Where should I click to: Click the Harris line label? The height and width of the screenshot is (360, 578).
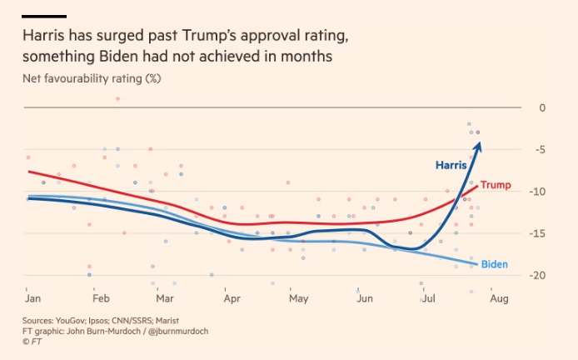tap(451, 165)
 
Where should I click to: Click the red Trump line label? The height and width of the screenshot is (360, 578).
tap(496, 185)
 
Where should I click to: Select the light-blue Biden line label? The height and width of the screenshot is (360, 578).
tap(495, 264)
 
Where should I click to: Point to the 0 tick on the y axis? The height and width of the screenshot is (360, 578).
tap(542, 108)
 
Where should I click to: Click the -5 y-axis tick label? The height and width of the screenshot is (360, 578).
tap(541, 150)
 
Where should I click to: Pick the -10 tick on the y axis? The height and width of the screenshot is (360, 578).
tap(539, 192)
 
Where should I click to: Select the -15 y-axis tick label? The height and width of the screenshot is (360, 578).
tap(539, 234)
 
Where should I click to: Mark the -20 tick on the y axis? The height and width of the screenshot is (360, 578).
tap(539, 276)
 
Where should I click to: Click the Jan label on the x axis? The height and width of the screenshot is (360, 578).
tap(33, 298)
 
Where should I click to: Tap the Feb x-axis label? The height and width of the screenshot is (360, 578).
tap(101, 298)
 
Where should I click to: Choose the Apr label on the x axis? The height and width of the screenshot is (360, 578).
tap(231, 298)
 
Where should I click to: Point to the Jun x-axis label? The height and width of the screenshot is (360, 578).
tap(364, 298)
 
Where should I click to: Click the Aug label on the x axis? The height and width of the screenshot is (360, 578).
tap(499, 298)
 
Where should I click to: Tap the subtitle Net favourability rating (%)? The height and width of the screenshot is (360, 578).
tap(92, 79)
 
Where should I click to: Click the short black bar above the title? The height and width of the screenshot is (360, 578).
tap(44, 16)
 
